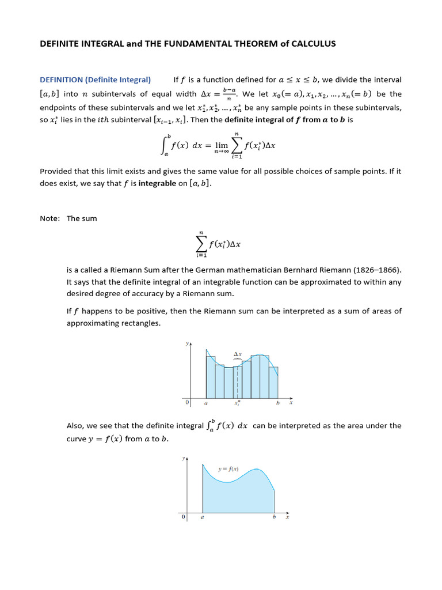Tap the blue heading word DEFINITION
pos(61,80)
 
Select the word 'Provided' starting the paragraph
pos(56,171)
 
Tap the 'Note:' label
pos(49,218)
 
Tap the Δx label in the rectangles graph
pos(237,354)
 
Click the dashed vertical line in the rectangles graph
pos(238,380)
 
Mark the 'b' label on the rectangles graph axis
pos(278,403)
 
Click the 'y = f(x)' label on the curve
pos(228,469)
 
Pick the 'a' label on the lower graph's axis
pos(202,517)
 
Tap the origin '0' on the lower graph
pos(184,517)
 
